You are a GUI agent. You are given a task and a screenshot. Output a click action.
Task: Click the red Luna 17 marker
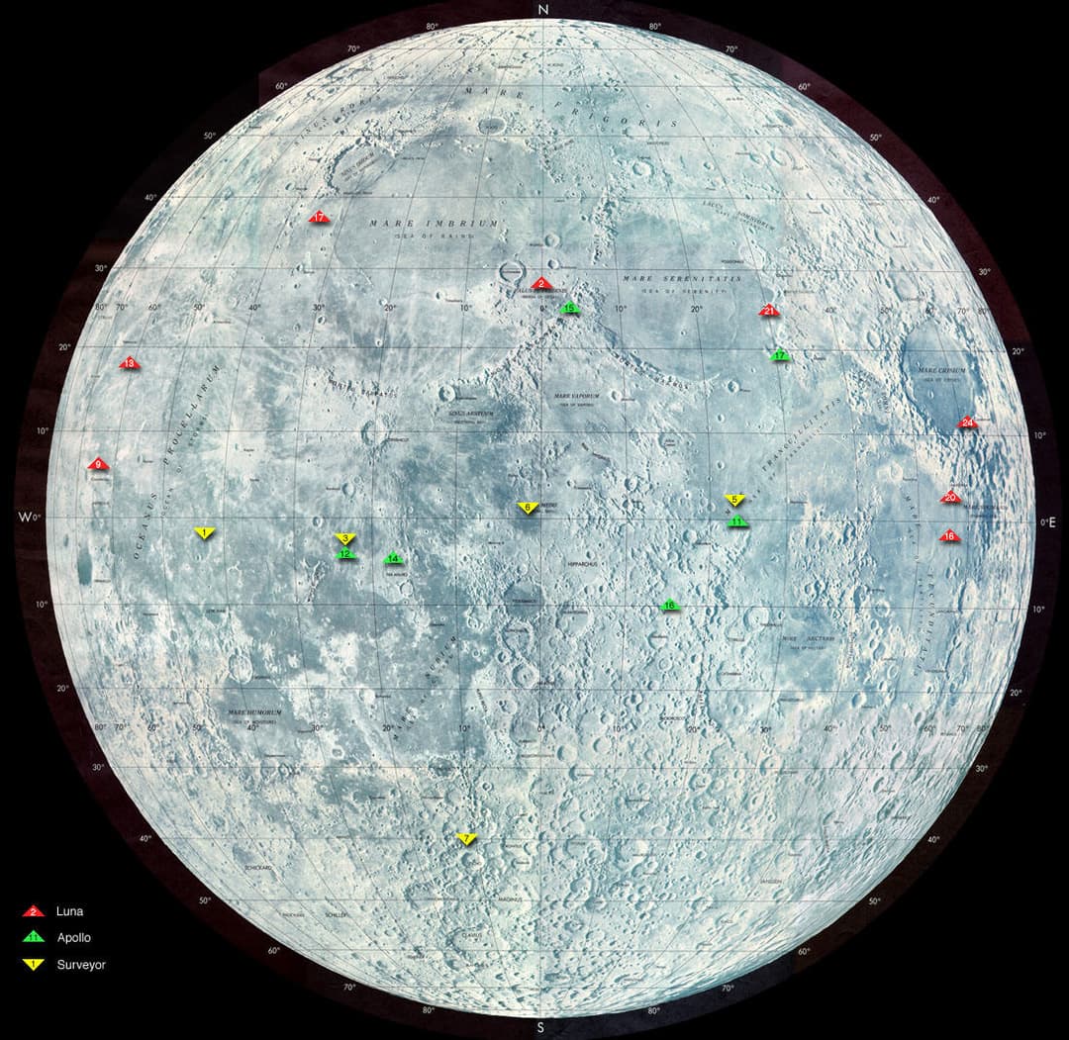pyautogui.click(x=319, y=217)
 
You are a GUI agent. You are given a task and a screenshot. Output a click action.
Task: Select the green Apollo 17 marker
pyautogui.click(x=780, y=355)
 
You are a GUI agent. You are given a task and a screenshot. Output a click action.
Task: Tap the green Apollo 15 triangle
pyautogui.click(x=569, y=309)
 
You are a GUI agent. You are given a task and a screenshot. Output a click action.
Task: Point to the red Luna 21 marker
pyautogui.click(x=770, y=311)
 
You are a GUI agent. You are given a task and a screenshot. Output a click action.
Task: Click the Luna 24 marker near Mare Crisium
pyautogui.click(x=967, y=424)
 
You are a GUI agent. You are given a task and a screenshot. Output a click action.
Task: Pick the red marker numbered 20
pyautogui.click(x=950, y=498)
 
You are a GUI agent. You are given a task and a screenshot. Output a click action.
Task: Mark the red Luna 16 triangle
pyautogui.click(x=949, y=536)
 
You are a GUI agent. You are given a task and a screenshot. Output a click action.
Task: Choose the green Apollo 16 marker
pyautogui.click(x=670, y=606)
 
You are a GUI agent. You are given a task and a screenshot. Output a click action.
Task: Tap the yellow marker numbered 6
pyautogui.click(x=528, y=507)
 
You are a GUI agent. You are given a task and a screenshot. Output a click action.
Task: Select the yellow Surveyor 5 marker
pyautogui.click(x=733, y=499)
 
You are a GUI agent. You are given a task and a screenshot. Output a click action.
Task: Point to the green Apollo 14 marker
pyautogui.click(x=393, y=559)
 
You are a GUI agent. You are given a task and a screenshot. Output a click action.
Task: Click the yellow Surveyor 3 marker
pyautogui.click(x=345, y=538)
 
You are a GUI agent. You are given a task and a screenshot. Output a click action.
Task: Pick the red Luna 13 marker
pyautogui.click(x=130, y=364)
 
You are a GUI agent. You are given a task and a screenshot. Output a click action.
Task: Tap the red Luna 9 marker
pyautogui.click(x=97, y=464)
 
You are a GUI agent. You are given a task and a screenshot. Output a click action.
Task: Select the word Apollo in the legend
pyautogui.click(x=74, y=937)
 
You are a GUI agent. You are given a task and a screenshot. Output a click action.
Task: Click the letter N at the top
pyautogui.click(x=541, y=10)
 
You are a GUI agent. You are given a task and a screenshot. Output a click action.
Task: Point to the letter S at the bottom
pyautogui.click(x=540, y=1028)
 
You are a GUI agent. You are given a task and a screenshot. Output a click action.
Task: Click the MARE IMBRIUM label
pyautogui.click(x=435, y=225)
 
